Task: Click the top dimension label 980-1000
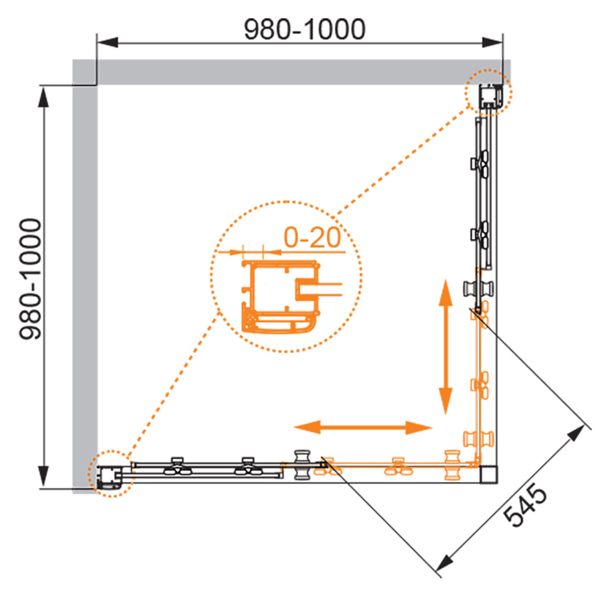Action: (304, 29)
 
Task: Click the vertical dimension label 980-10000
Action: (30, 279)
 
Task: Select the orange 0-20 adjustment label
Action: (312, 238)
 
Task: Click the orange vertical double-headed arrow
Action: (445, 346)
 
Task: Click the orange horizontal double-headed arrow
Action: (363, 427)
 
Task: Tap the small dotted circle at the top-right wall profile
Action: (489, 93)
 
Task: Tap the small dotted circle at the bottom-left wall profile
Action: (111, 473)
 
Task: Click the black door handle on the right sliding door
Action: (479, 287)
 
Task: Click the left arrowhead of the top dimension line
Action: (107, 42)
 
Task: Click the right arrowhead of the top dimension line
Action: (492, 42)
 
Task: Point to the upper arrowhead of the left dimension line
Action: (44, 97)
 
